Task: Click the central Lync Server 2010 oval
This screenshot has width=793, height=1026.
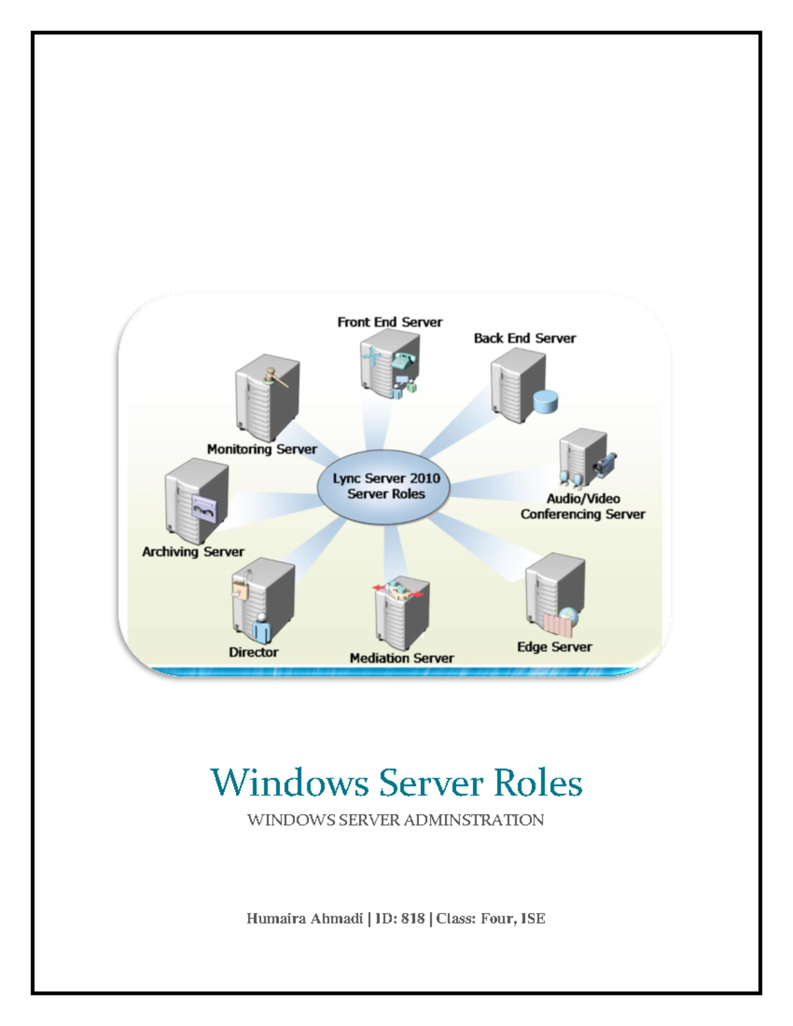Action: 385,486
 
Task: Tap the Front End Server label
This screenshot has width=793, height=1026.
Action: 389,322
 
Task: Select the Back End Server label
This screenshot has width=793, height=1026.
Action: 525,338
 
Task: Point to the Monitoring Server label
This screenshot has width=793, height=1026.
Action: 262,449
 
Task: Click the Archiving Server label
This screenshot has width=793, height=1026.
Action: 193,552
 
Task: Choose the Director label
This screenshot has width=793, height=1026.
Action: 253,652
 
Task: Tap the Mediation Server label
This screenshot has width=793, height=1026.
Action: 401,658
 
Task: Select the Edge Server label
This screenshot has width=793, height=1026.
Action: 554,647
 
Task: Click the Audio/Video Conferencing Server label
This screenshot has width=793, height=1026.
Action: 582,507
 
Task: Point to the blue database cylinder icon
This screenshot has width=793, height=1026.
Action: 545,402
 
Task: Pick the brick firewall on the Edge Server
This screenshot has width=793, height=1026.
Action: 556,624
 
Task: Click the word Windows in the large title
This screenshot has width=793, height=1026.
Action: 289,783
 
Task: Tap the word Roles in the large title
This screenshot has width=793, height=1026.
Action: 538,783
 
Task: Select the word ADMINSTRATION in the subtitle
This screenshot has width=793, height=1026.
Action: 473,820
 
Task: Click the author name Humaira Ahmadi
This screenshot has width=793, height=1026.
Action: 304,918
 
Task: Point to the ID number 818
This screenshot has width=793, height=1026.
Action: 412,918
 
